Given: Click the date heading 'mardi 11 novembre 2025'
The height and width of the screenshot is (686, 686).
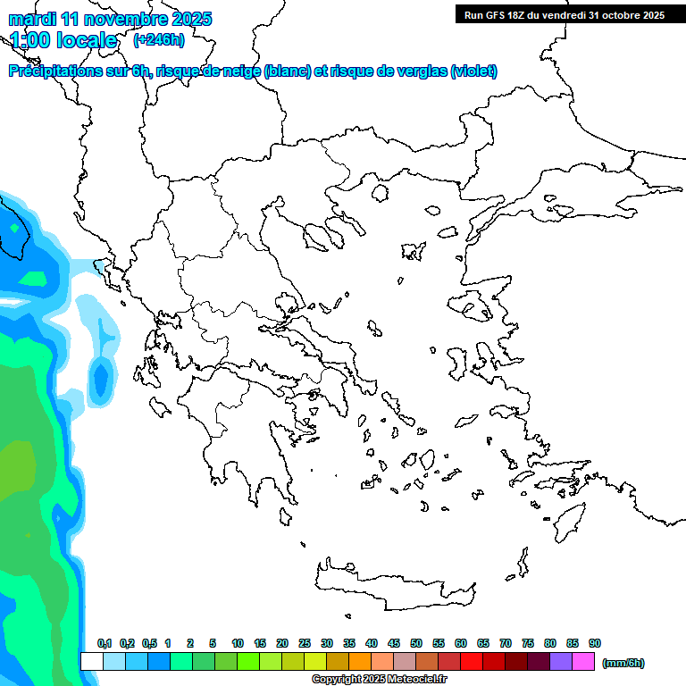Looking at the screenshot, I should coord(110,19).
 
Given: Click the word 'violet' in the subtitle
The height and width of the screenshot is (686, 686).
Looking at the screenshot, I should coord(472,71).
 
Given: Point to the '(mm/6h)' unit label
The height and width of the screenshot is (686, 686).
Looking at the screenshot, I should coord(623,663).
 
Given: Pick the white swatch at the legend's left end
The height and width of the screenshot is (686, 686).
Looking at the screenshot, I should coord(91,662).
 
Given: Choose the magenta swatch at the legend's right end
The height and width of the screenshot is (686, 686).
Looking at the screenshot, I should coord(583,662).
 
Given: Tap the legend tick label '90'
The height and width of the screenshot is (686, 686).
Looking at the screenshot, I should coord(595,643).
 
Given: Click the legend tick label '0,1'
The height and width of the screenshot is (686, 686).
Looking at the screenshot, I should coord(105,643).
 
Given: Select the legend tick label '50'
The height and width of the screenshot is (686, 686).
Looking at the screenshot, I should coord(416,643).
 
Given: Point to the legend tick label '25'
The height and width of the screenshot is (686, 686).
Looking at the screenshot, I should coord(305,643).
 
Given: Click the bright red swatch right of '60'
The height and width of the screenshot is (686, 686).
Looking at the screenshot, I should coord(472,662).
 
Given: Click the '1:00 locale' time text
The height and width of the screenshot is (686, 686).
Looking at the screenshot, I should coord(63,40).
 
